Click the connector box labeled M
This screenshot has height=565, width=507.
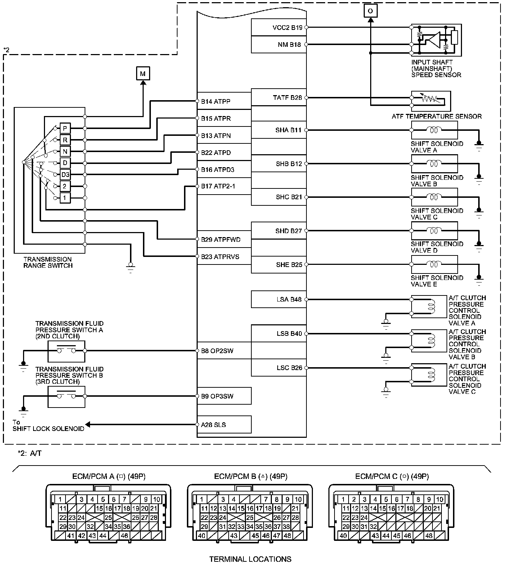pyautogui.click(x=143, y=74)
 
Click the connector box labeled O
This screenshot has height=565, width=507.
pyautogui.click(x=370, y=11)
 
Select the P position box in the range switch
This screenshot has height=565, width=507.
pyautogui.click(x=65, y=128)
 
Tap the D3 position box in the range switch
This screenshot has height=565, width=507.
pyautogui.click(x=65, y=175)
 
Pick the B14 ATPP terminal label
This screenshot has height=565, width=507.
pyautogui.click(x=216, y=102)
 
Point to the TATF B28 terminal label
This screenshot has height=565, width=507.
pyautogui.click(x=287, y=98)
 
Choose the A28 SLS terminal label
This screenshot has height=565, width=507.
pyautogui.click(x=214, y=425)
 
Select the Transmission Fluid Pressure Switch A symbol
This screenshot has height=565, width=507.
pyautogui.click(x=67, y=351)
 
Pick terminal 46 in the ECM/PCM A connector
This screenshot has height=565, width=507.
pyautogui.click(x=124, y=535)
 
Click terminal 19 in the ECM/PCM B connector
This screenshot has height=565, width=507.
pyautogui.click(x=277, y=508)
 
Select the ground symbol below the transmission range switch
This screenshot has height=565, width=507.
pyautogui.click(x=130, y=267)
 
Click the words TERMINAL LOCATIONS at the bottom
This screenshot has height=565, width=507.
pyautogui.click(x=250, y=559)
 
